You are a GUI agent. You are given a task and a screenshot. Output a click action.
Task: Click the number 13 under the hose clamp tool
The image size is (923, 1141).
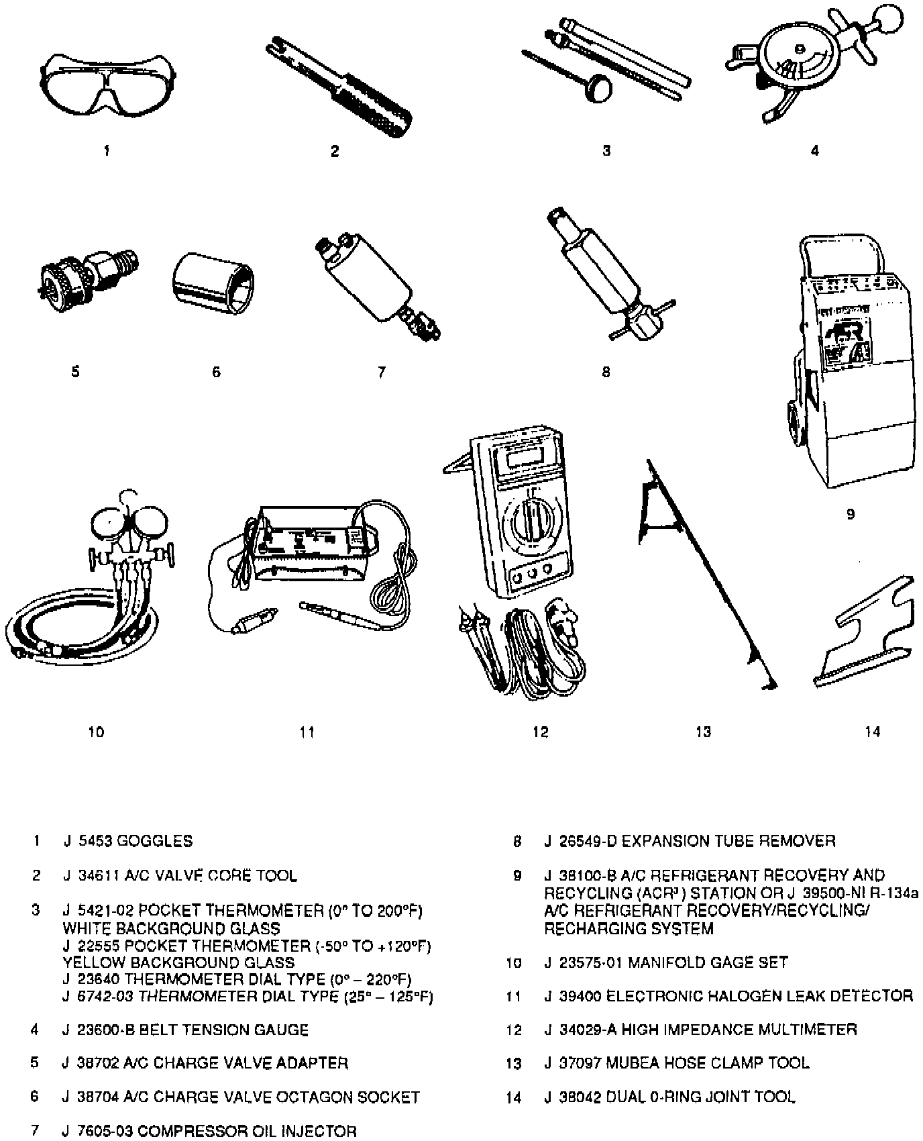[703, 732]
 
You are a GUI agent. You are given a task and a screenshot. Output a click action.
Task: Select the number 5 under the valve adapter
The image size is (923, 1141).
[75, 371]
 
